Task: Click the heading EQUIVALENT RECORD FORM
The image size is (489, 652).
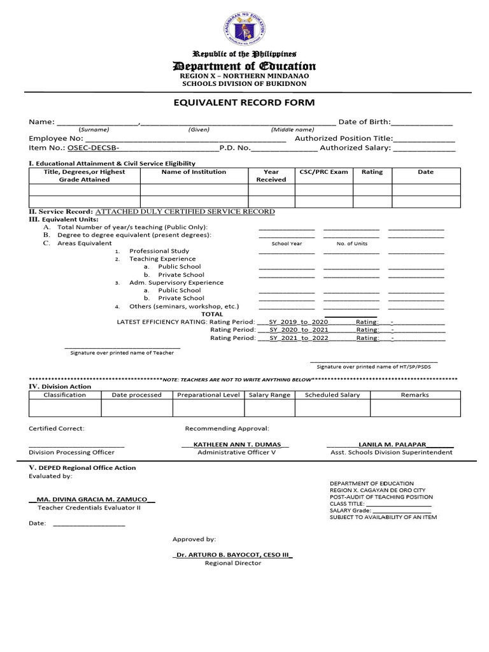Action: click(x=244, y=103)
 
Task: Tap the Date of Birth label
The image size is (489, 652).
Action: click(x=364, y=122)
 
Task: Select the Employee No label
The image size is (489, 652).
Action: click(x=56, y=138)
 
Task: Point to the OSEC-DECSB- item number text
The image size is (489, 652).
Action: click(x=94, y=148)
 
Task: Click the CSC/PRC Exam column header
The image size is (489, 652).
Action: click(x=323, y=172)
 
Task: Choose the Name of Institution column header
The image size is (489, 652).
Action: click(x=194, y=172)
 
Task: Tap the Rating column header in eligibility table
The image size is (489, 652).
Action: click(x=372, y=172)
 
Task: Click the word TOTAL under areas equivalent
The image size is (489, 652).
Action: click(x=212, y=314)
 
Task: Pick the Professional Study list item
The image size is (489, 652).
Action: click(x=159, y=251)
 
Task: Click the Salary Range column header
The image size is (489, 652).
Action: click(x=269, y=395)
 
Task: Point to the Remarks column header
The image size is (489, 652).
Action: click(x=415, y=395)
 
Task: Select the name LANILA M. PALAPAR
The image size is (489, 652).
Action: click(x=392, y=444)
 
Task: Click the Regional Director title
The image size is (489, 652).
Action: click(x=232, y=563)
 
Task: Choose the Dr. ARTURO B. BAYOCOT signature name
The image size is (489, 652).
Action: click(x=232, y=555)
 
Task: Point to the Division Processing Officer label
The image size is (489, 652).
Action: click(x=72, y=453)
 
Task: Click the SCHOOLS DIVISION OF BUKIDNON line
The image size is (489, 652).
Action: click(x=244, y=83)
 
